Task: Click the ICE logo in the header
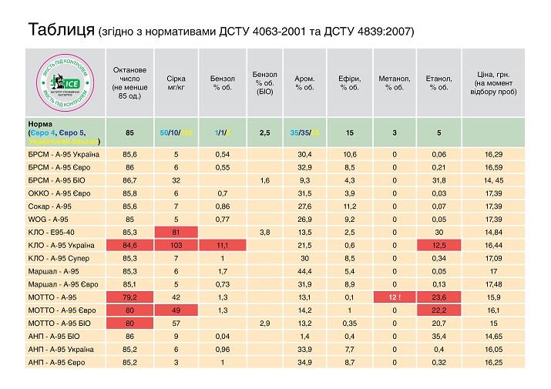coord(64,82)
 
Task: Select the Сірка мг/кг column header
coord(176,82)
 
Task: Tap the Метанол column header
coord(394,82)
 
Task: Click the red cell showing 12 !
coord(394,297)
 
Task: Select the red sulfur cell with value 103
coord(176,244)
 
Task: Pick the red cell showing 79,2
coord(129,297)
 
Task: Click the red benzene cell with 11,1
coord(221,244)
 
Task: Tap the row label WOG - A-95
coord(48,219)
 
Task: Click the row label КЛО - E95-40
coord(52,232)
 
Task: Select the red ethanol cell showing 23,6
coord(438,297)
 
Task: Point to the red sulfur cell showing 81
coord(176,232)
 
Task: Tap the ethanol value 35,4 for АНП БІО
coord(438,336)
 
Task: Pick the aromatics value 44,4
coord(304,271)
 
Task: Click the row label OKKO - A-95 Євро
coord(58,193)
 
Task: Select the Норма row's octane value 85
coord(129,132)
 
